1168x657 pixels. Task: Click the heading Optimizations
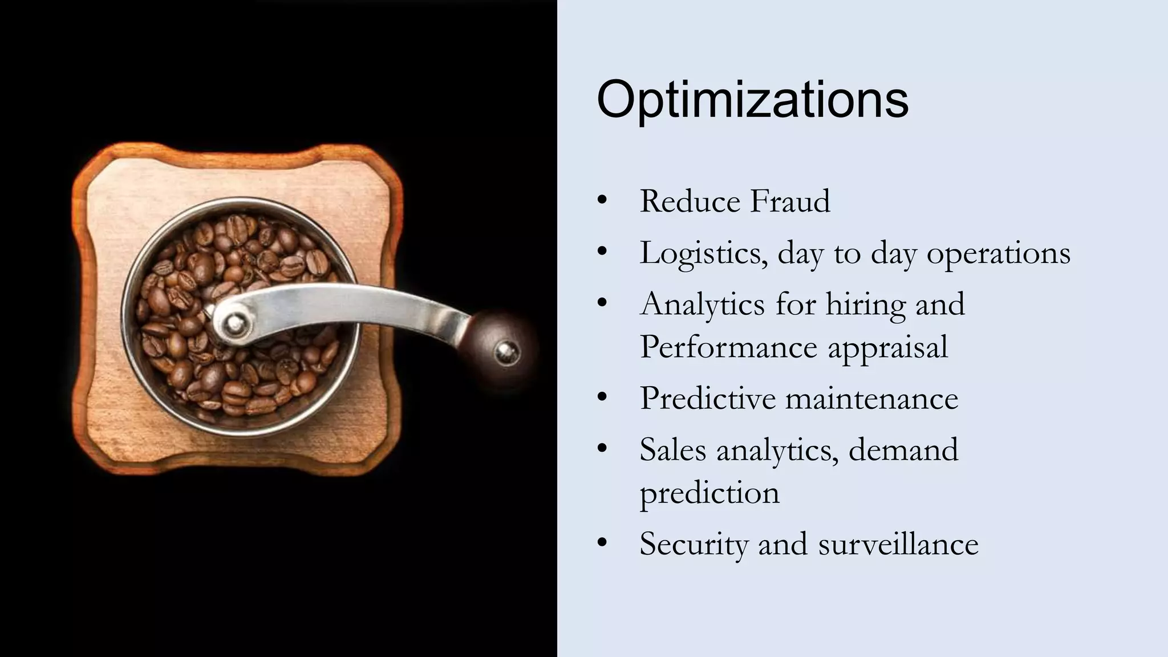tap(752, 100)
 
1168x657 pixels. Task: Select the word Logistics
tap(703, 253)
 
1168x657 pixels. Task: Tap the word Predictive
tap(707, 398)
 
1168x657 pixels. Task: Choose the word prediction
tap(709, 493)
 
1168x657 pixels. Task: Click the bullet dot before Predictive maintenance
tap(602, 398)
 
